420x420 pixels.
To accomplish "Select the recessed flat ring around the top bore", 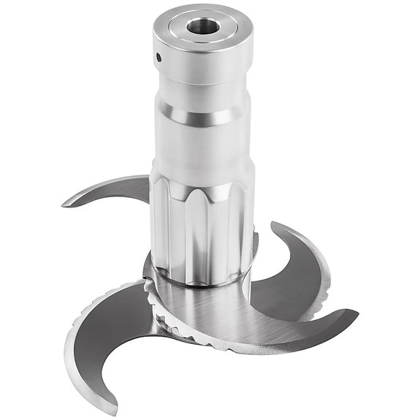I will [x=219, y=31].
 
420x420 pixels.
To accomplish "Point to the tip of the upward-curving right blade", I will [x=273, y=223].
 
